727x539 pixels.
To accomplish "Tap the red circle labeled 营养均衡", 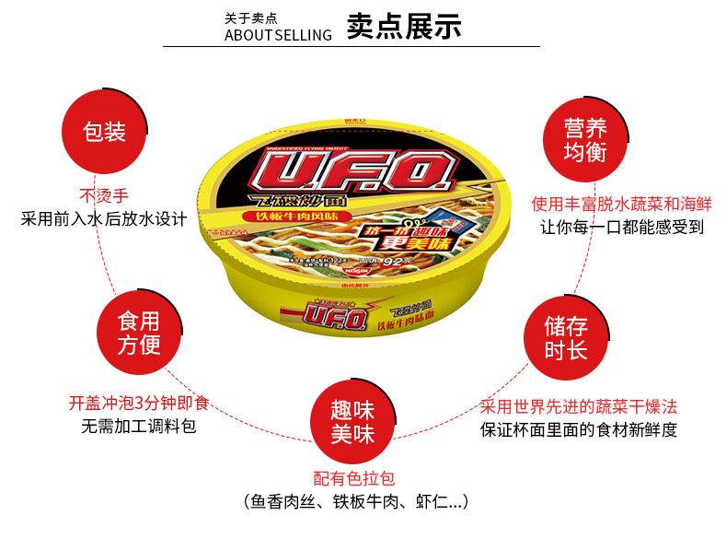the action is (x=585, y=139).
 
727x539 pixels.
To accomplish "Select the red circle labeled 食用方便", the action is (x=138, y=333).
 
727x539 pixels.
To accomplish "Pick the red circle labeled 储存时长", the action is (x=565, y=338).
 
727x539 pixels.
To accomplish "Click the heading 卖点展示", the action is (x=404, y=27).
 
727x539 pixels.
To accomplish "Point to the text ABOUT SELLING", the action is (x=278, y=36).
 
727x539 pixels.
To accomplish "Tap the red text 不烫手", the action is (x=104, y=195).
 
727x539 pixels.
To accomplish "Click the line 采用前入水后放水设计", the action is (x=104, y=219).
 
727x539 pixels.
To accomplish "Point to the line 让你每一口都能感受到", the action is (x=622, y=227).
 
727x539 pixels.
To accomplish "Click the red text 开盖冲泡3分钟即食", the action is (x=138, y=403).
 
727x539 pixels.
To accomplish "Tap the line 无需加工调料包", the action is (x=138, y=426).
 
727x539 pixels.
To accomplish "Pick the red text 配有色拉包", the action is (x=353, y=478).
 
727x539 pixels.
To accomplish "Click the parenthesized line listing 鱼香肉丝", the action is (x=356, y=502).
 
